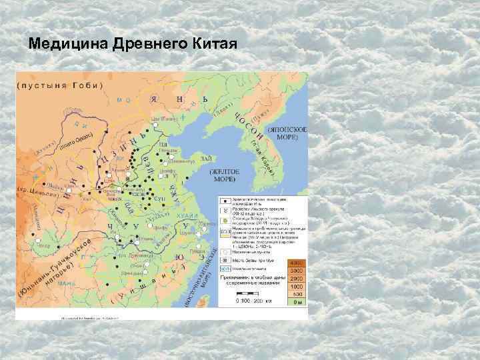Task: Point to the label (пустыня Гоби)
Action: (x=60, y=85)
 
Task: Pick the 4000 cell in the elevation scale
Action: (x=297, y=263)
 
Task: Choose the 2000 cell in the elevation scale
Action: (x=297, y=279)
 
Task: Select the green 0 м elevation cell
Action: (x=297, y=303)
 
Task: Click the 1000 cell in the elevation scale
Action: (x=297, y=287)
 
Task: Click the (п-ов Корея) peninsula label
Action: (x=265, y=159)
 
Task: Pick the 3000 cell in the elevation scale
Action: (x=297, y=271)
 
